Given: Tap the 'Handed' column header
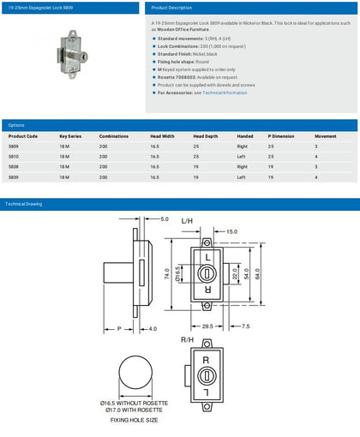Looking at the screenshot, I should click(245, 135).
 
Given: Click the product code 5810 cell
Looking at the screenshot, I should click(16, 156).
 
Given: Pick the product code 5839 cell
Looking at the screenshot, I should click(16, 177).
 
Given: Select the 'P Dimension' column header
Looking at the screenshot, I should click(282, 135).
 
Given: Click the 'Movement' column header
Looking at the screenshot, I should click(326, 135).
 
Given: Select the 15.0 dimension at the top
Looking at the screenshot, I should click(231, 231).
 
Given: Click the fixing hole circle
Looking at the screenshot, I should click(135, 374).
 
